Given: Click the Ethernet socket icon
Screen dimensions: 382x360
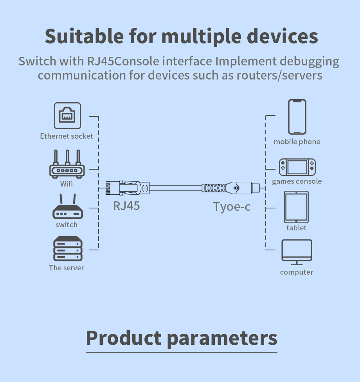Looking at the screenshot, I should pos(67,116).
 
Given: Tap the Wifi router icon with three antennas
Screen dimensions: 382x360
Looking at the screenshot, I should pos(67,165).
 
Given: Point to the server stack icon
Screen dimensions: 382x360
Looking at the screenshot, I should pos(68,249).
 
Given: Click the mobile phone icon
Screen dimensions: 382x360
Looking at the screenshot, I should pos(297,117).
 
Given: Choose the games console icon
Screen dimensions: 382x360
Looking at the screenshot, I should pos(297,167).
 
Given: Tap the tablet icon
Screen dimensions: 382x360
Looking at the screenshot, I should pos(297,207).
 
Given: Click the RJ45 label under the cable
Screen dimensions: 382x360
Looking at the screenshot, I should pos(126,206).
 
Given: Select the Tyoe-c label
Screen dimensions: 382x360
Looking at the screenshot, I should pos(232,206).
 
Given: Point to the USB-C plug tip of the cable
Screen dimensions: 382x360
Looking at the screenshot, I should pos(256,188).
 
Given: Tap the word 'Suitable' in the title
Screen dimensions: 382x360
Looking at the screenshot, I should pos(83,36).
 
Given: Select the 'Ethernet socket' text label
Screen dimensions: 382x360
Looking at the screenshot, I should pos(67,136).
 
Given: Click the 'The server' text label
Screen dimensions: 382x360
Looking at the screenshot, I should pos(67,268).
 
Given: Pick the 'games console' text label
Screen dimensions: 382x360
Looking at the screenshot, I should pos(297,181).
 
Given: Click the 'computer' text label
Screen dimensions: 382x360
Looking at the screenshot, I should pos(297,272).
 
